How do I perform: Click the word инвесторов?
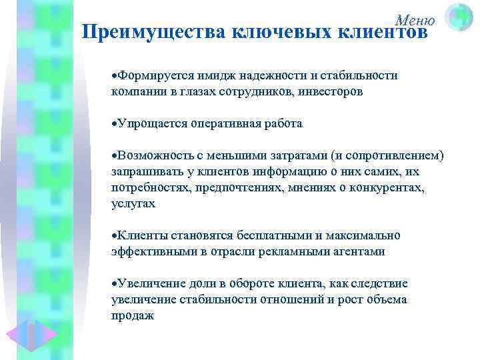[329, 92]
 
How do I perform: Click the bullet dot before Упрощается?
[114, 124]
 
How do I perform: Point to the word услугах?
[133, 204]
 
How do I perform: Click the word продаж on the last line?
[133, 316]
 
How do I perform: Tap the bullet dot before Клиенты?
[114, 236]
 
